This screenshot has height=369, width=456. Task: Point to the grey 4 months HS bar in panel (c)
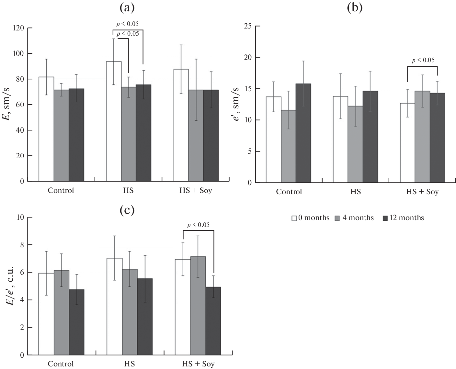click(x=130, y=312)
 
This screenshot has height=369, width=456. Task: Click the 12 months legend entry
click(x=403, y=218)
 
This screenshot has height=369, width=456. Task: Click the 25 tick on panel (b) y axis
click(x=248, y=26)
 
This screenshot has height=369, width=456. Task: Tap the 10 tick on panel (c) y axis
click(x=20, y=217)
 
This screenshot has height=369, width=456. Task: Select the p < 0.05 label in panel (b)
click(x=423, y=60)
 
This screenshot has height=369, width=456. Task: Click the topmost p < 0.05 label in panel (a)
click(x=127, y=24)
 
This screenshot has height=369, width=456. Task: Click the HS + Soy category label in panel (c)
click(x=198, y=364)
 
